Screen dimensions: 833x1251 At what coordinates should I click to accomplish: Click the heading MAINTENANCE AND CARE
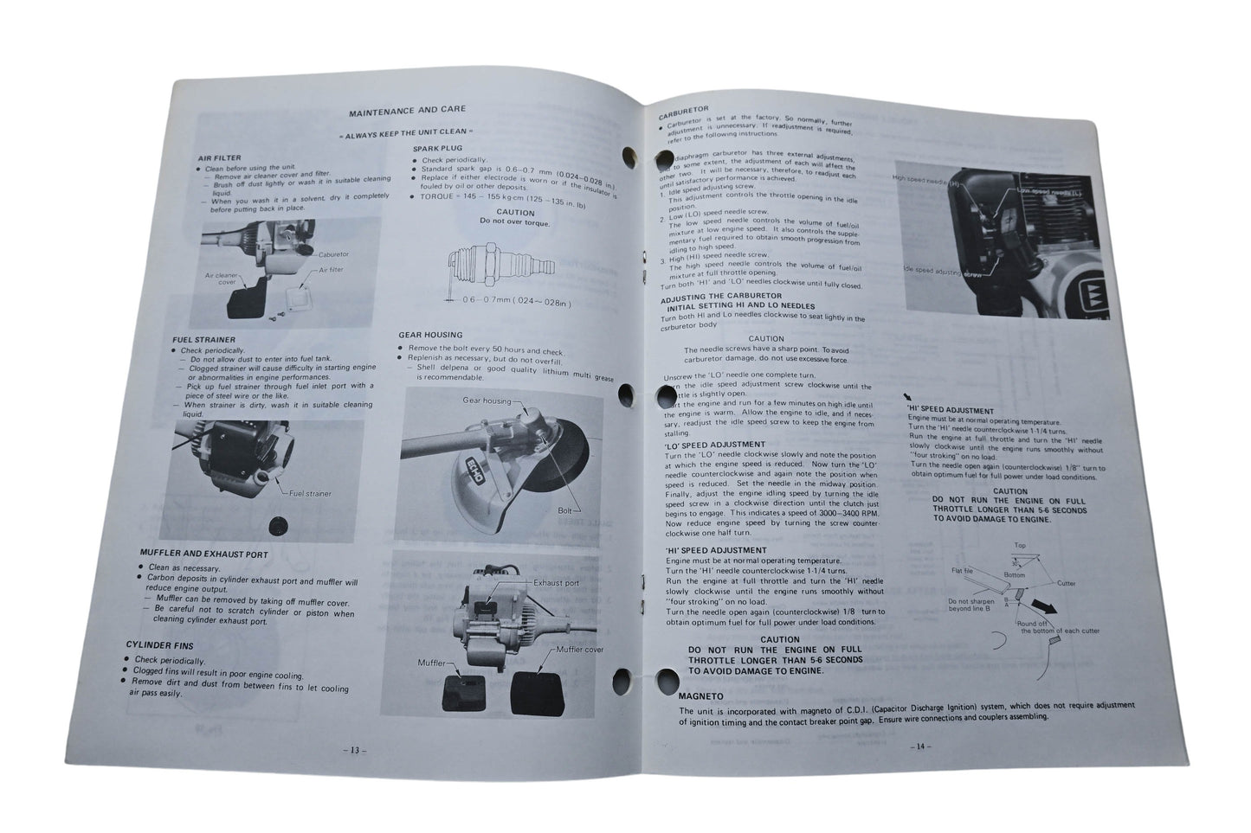[x=406, y=110]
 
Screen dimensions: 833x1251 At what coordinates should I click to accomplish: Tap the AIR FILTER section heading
[x=216, y=158]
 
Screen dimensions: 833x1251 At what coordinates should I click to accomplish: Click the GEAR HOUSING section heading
[x=430, y=334]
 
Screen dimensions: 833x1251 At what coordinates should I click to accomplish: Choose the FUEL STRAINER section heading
[x=204, y=339]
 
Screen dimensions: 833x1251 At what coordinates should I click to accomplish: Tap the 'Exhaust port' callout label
[x=557, y=583]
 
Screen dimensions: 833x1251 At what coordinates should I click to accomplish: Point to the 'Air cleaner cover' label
[x=220, y=279]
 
